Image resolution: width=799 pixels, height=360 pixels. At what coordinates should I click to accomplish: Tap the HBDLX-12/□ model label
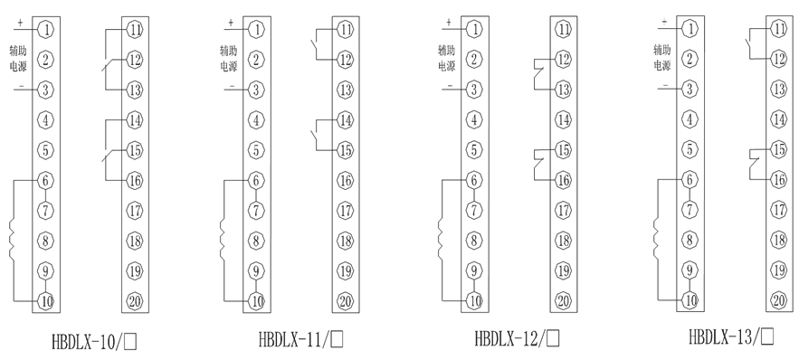click(517, 341)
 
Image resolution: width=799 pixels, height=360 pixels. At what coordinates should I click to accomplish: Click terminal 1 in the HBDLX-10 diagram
click(44, 31)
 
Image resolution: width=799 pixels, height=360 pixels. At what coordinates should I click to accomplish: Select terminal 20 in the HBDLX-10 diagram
click(134, 301)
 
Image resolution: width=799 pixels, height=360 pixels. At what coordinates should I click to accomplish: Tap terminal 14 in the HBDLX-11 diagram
click(345, 119)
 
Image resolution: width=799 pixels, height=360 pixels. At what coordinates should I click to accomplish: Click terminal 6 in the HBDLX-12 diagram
click(473, 180)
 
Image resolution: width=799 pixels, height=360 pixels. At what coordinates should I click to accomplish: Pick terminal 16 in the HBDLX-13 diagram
click(778, 179)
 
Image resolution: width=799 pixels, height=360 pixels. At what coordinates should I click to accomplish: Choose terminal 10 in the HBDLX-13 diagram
click(690, 298)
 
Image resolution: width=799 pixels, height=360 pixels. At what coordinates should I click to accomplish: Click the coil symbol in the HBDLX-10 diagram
click(13, 240)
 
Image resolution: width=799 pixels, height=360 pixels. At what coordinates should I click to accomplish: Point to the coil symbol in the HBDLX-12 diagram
click(441, 240)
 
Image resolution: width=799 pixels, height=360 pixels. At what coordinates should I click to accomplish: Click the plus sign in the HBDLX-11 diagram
click(230, 21)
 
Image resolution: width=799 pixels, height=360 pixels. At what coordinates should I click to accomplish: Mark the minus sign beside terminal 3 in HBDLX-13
click(665, 85)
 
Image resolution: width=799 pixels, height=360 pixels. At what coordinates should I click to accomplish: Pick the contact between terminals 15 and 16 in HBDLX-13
click(753, 165)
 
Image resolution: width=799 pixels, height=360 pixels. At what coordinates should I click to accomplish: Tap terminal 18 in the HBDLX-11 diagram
click(345, 241)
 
